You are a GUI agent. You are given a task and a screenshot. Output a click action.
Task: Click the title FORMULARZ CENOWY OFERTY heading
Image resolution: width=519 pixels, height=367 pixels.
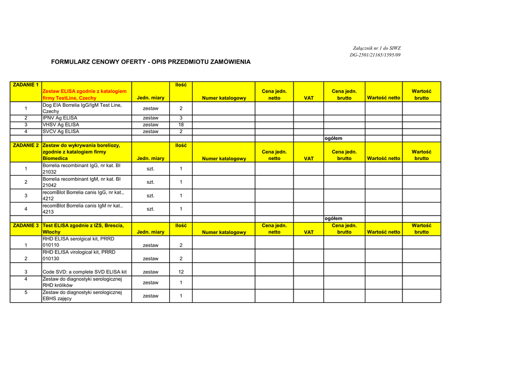click(151, 62)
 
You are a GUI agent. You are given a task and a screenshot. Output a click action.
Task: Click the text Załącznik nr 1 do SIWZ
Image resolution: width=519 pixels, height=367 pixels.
click(375, 48)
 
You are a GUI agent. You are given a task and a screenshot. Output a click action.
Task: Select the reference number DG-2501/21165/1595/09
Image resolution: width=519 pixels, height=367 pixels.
click(375, 55)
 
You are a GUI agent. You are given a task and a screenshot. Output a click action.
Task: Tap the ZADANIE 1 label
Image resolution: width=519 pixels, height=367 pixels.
click(26, 85)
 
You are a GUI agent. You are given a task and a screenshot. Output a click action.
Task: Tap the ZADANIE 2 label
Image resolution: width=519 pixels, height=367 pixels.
click(26, 145)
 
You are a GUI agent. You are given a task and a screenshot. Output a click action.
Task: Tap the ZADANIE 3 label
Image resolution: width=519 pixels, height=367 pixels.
click(26, 225)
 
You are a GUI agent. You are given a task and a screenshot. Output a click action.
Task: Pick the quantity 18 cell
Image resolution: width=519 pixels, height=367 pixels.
click(181, 125)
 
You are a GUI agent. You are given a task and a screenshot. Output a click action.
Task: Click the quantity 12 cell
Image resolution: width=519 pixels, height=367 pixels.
click(181, 272)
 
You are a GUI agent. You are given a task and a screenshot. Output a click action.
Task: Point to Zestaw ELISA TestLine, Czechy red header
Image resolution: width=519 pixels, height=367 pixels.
click(85, 94)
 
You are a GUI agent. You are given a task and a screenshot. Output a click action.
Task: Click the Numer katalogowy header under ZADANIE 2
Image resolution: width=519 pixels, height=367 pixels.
click(224, 158)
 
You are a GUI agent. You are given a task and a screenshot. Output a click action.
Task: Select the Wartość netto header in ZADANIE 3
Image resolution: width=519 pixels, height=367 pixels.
click(384, 232)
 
